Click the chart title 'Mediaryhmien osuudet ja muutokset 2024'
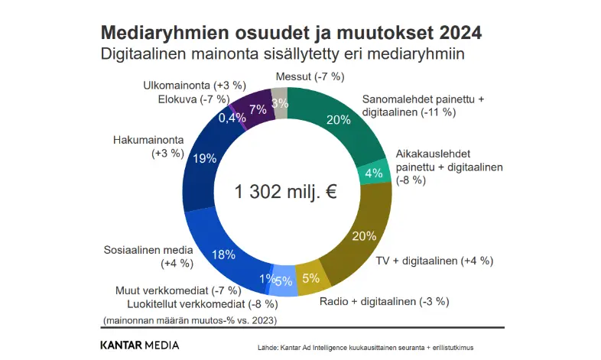pyautogui.click(x=291, y=34)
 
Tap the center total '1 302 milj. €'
pyautogui.click(x=286, y=193)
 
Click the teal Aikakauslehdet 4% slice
pyautogui.click(x=375, y=173)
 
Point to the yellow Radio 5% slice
pyautogui.click(x=311, y=277)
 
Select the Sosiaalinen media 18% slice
pyautogui.click(x=222, y=252)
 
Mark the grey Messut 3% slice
pyautogui.click(x=280, y=103)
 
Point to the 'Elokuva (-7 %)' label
pyautogui.click(x=193, y=99)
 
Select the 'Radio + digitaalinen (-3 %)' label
pyautogui.click(x=385, y=300)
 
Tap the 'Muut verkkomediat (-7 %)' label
pyautogui.click(x=178, y=290)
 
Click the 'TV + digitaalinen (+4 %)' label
pyautogui.click(x=434, y=261)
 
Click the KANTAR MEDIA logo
pyautogui.click(x=140, y=345)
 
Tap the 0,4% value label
pyautogui.click(x=232, y=118)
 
